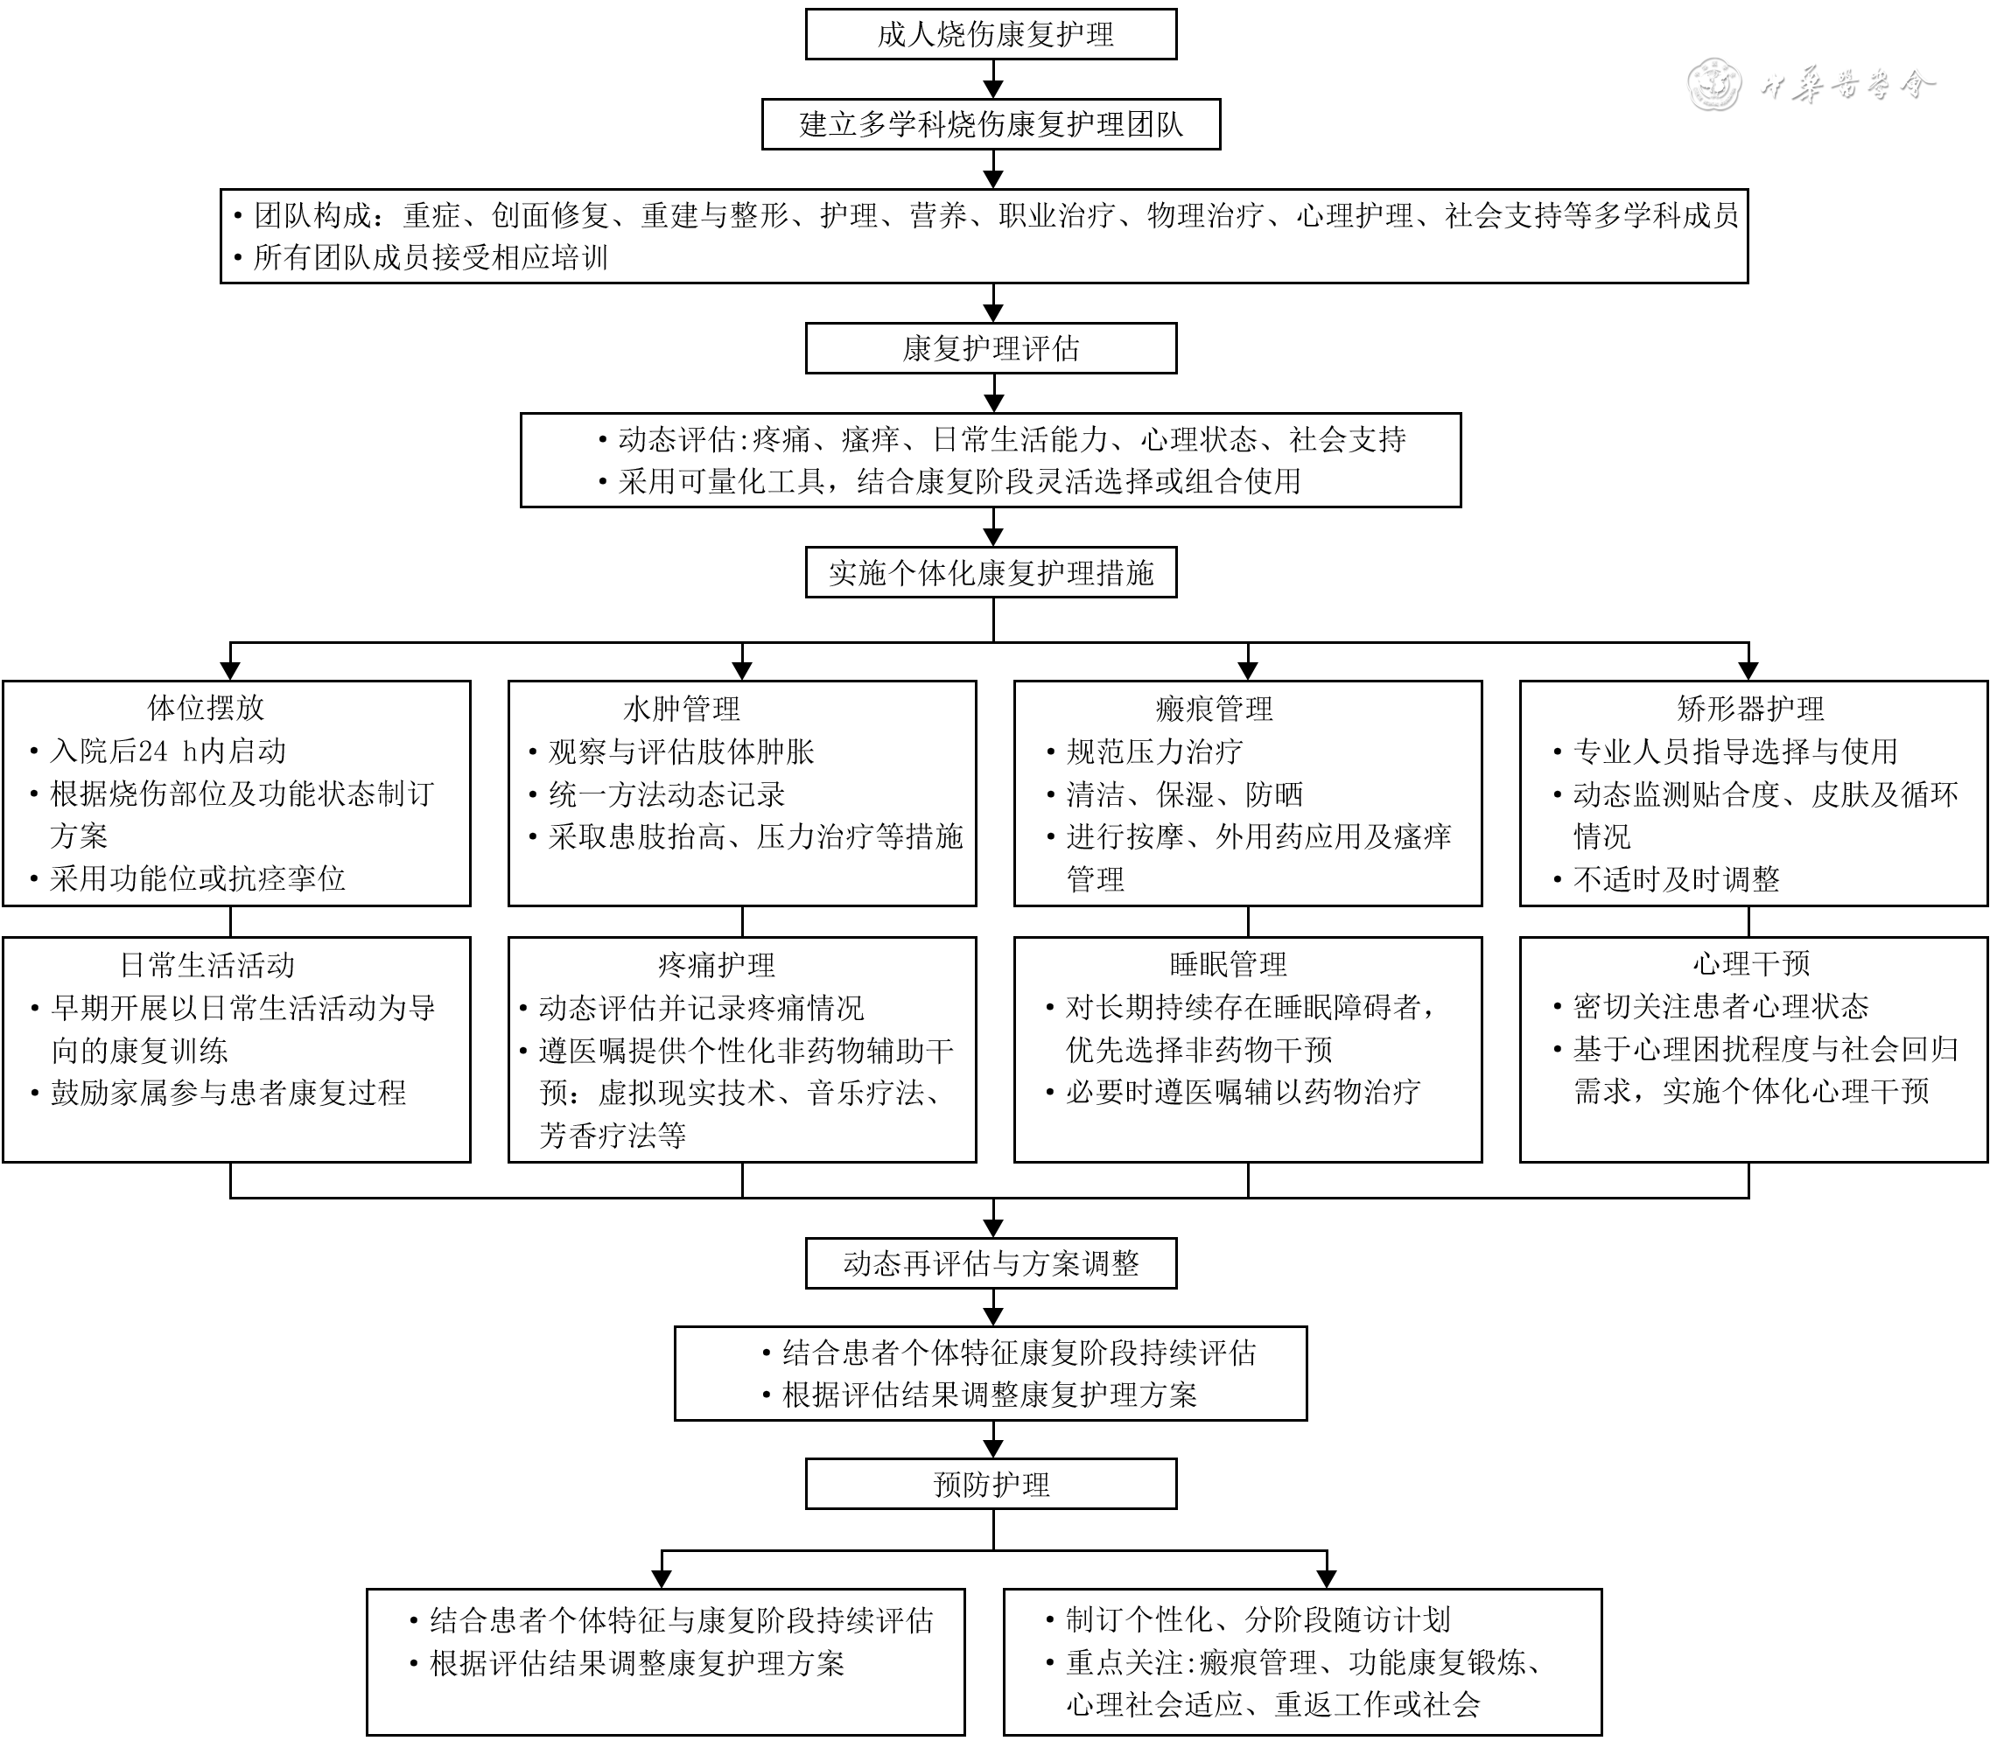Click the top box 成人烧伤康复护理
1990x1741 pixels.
991,35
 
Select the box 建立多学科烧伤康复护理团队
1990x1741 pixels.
991,124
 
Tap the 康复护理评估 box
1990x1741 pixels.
991,348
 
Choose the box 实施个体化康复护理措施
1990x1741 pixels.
991,572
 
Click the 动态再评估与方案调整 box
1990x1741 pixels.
991,1263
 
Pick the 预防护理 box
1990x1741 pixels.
991,1484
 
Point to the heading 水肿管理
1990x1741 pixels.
681,709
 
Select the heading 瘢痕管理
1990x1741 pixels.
1214,709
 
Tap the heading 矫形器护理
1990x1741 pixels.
1750,709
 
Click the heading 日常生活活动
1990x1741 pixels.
207,965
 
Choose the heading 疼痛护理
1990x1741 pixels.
716,965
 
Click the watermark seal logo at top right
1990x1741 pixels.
1715,85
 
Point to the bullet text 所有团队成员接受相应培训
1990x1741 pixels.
431,257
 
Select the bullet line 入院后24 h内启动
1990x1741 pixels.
168,751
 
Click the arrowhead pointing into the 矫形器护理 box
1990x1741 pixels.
1749,670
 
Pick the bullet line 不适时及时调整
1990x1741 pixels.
1676,879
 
